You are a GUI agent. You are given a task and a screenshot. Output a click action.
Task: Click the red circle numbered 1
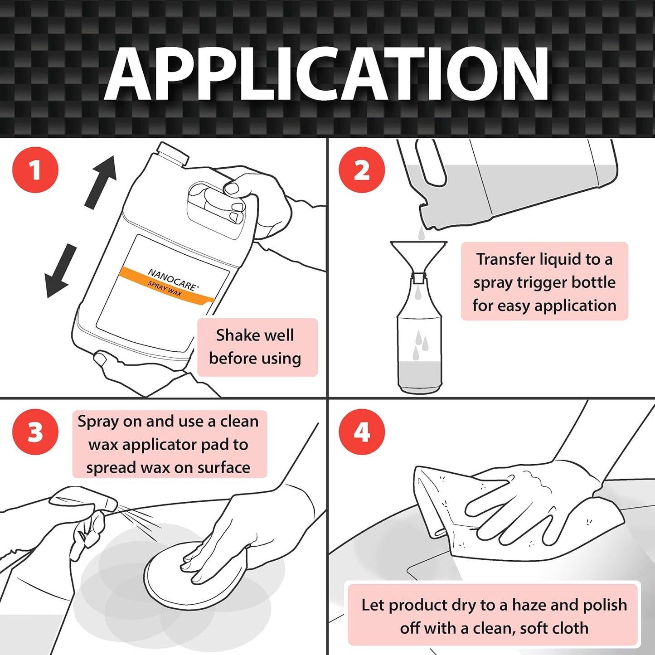pos(35,170)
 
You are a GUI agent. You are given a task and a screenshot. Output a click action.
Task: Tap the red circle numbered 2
pos(362,170)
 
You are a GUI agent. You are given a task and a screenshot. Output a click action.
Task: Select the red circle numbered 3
pos(35,432)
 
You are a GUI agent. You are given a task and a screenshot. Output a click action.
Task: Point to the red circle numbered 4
pos(362,432)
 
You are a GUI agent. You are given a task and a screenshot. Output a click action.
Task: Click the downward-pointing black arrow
pos(61,271)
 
